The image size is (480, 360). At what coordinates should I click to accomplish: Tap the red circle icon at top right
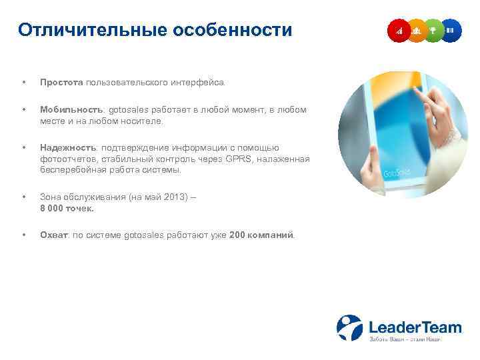click(399, 30)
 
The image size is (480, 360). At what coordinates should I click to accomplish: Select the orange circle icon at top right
click(417, 30)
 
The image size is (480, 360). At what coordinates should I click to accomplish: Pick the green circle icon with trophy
click(434, 30)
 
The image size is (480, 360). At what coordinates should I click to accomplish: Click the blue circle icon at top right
click(451, 30)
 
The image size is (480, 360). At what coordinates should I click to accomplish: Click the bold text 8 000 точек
click(67, 208)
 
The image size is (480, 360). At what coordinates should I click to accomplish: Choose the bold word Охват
click(54, 235)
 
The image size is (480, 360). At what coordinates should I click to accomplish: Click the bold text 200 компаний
click(261, 235)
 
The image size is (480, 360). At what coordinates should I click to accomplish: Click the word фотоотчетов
click(66, 159)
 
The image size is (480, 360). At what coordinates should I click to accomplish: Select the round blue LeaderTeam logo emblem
click(349, 327)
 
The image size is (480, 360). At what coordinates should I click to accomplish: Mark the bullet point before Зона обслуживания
click(24, 197)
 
